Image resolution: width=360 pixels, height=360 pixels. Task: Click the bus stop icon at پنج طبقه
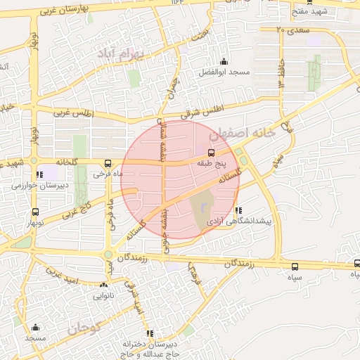click(x=211, y=152)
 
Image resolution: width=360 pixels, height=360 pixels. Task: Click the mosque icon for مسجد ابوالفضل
click(x=224, y=62)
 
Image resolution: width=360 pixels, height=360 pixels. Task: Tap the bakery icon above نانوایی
click(x=104, y=285)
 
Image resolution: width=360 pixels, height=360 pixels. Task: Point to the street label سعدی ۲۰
click(x=293, y=30)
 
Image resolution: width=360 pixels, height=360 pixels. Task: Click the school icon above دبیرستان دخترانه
click(x=149, y=334)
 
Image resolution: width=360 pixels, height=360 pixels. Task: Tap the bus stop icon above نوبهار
click(x=35, y=212)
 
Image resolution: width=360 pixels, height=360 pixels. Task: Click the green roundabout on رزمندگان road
click(x=108, y=255)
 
